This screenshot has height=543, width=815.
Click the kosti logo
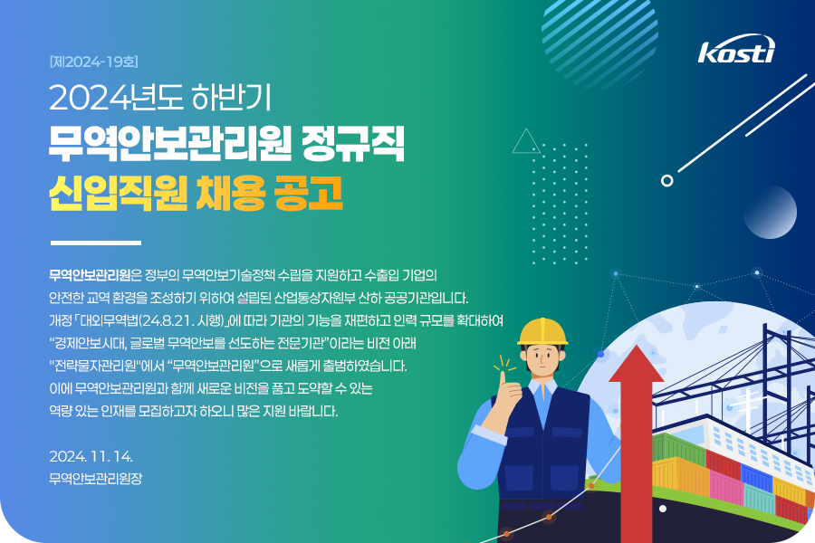(736, 50)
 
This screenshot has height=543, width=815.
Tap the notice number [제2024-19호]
(94, 62)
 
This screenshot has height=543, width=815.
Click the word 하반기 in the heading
(231, 97)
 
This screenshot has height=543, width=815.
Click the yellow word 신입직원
(118, 192)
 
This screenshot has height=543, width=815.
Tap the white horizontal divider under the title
(96, 243)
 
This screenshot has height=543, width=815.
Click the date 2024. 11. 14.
(91, 456)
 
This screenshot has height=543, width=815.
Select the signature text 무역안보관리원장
(96, 478)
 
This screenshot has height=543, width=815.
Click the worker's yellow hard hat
(542, 332)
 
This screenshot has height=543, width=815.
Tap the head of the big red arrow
(637, 364)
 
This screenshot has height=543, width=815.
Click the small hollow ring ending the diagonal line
(666, 180)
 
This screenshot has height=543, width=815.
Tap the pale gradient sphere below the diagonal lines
(770, 212)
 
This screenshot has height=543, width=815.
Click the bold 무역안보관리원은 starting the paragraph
(95, 274)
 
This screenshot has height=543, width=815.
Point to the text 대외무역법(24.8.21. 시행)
(152, 320)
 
